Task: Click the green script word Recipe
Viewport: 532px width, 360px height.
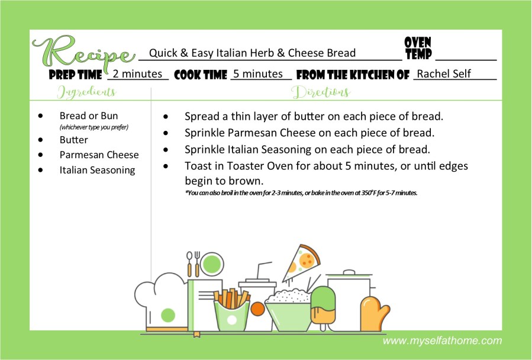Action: pos(83,53)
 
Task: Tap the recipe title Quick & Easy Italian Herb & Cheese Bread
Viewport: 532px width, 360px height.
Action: pos(253,53)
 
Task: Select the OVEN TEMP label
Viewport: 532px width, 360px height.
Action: pos(418,48)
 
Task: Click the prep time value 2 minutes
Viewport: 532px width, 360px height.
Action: pos(137,73)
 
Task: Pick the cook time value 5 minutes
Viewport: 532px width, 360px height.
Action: pos(258,73)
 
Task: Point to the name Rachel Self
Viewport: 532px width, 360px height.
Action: pos(444,73)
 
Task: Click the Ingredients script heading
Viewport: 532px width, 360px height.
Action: pos(87,92)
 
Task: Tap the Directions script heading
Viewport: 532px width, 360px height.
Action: pos(321,92)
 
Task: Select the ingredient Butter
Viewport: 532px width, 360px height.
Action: pos(73,140)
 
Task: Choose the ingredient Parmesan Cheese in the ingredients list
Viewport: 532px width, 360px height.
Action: pos(99,155)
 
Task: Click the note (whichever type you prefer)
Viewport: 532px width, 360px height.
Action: pos(94,127)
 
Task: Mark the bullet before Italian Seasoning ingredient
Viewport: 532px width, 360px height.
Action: pos(41,170)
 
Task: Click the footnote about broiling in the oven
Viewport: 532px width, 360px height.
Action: pos(301,193)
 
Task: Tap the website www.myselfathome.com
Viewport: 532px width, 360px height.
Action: pos(442,340)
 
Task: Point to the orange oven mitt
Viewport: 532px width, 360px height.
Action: pos(375,313)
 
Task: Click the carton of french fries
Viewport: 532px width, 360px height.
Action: pos(232,310)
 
